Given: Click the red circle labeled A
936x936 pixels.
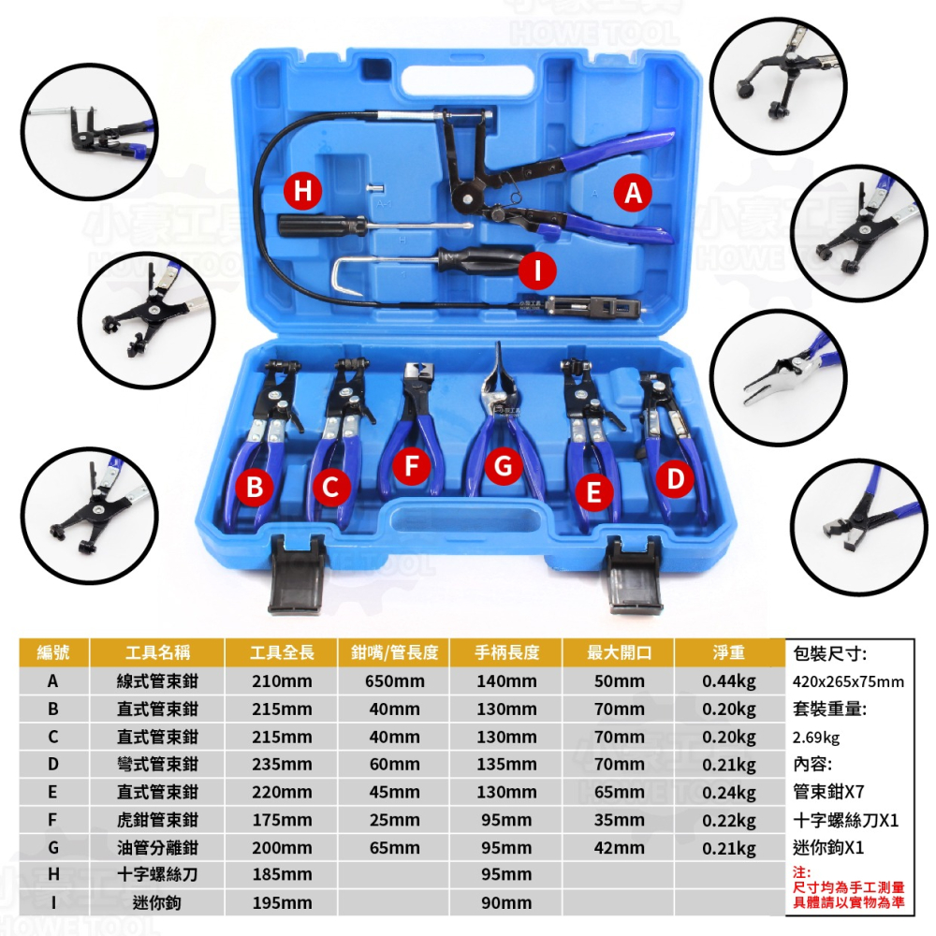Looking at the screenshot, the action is [633, 192].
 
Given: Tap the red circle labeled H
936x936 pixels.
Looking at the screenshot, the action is [302, 191].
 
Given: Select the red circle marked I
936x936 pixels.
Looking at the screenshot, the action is [537, 271].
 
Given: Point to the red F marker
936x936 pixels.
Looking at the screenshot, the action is [411, 465].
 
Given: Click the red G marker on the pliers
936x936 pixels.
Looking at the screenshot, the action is [504, 466].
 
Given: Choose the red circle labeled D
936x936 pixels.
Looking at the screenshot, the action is [675, 478].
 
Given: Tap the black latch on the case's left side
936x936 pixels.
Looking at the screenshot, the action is [298, 573].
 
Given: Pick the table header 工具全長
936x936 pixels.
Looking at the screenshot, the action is [282, 652].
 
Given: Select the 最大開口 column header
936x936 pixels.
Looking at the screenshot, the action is [619, 652].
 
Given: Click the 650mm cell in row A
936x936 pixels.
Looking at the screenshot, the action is [395, 681].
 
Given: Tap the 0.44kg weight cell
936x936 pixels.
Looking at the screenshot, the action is [729, 681].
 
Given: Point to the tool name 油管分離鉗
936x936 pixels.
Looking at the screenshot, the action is [157, 848].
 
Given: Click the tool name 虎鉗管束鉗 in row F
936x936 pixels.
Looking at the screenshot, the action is [157, 820].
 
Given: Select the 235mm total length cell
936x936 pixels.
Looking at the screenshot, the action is [282, 765].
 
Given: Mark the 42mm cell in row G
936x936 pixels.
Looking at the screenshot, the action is [619, 848].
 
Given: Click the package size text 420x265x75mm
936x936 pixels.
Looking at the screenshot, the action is [848, 681].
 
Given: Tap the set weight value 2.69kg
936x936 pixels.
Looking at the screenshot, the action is [816, 738].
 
